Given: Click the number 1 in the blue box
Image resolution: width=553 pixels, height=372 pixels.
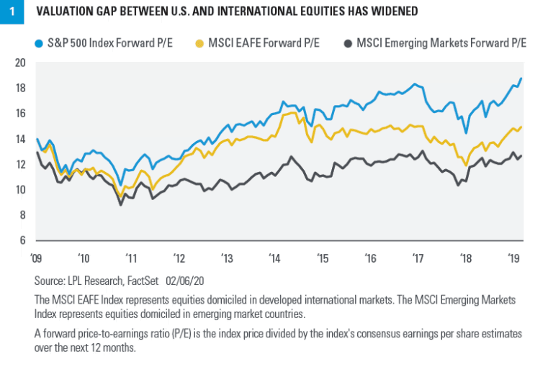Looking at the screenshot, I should tap(10, 12).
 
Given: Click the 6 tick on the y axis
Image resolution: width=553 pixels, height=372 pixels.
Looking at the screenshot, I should tap(22, 240).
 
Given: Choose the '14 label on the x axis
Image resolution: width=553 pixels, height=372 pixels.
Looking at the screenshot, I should tap(274, 257).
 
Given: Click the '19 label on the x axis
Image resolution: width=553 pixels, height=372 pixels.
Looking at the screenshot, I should tap(513, 257).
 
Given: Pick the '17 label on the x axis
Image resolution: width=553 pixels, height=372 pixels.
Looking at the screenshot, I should tap(418, 257).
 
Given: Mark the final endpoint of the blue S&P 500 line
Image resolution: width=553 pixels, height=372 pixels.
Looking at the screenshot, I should tap(521, 78).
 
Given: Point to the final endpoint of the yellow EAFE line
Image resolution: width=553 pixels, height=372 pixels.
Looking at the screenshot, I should tap(521, 127).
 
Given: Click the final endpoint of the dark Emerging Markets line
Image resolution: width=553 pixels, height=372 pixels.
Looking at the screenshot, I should tap(521, 155).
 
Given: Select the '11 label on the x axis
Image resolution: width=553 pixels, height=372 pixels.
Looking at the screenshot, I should tap(131, 257).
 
